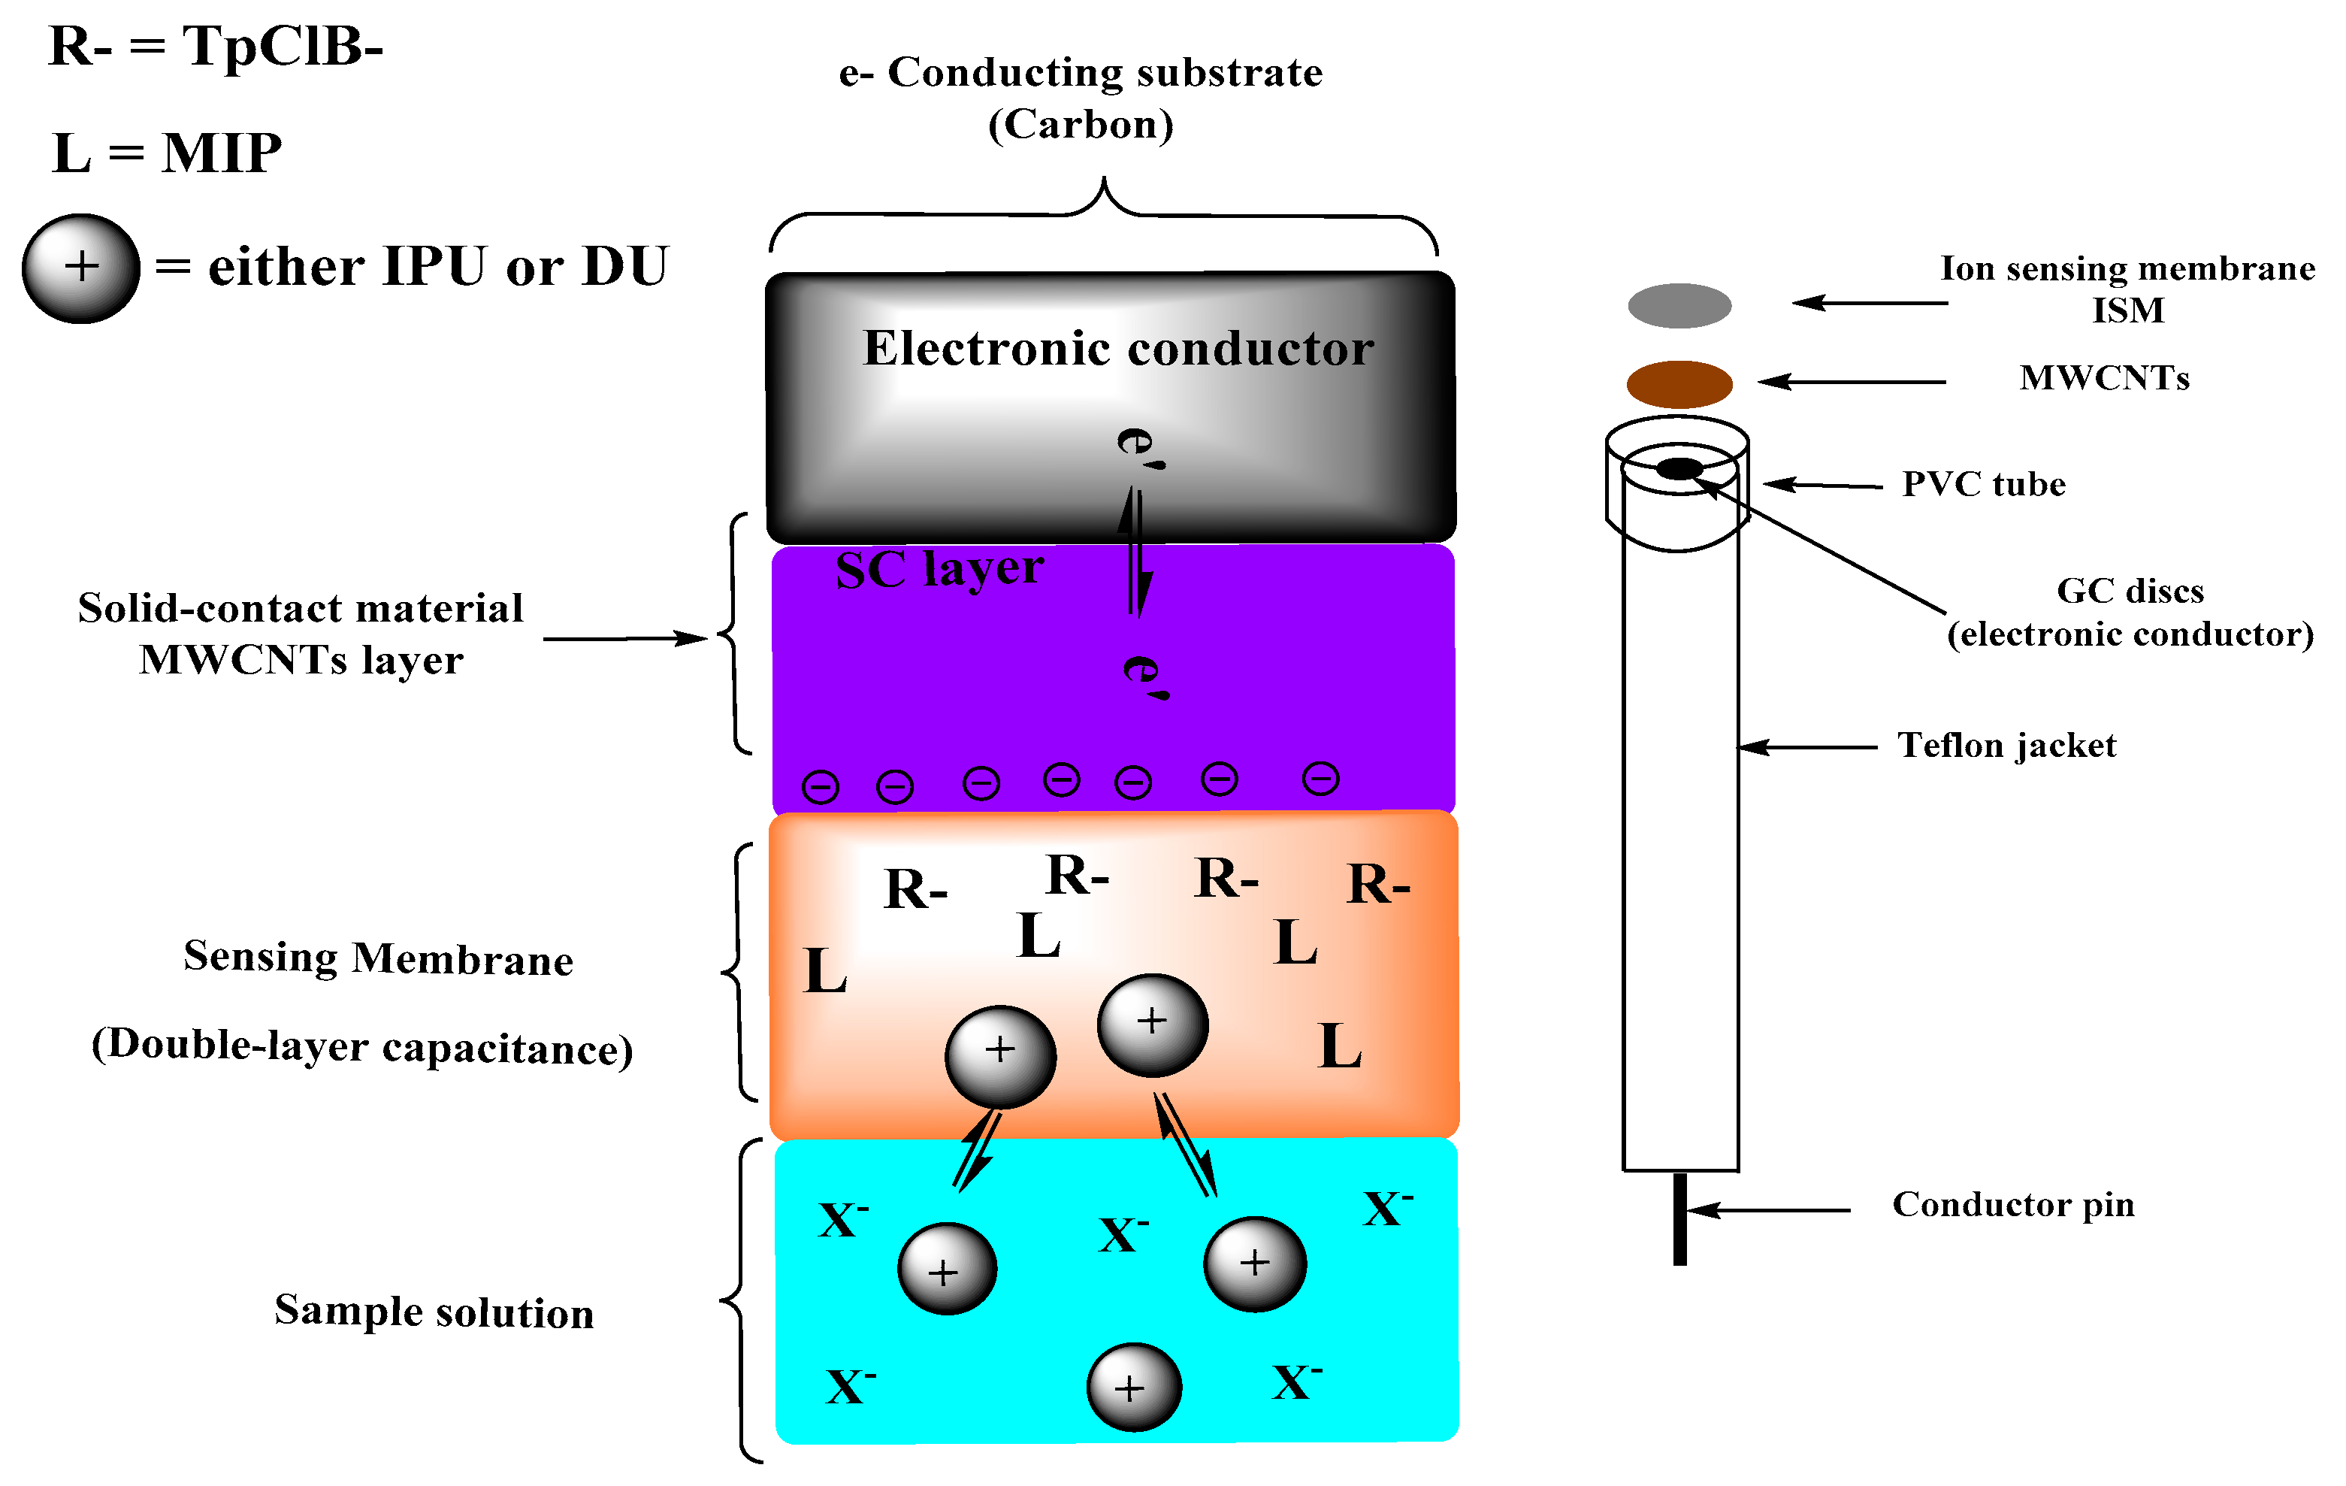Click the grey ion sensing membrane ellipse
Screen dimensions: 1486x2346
1679,305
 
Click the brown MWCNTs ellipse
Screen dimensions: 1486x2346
1679,384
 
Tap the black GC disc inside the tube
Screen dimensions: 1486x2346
1679,469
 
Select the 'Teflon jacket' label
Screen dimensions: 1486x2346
2006,746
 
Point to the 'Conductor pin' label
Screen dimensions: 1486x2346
2013,1204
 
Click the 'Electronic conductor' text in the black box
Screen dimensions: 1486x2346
1117,349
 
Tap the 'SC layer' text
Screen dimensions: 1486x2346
939,569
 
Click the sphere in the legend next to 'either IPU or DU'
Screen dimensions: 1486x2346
81,268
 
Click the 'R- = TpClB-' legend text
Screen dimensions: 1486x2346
216,46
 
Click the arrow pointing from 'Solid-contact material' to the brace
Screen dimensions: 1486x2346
624,638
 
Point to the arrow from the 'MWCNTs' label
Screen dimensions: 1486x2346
1851,382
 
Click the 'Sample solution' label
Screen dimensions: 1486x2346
434,1312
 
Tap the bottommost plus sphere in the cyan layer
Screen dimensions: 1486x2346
1133,1387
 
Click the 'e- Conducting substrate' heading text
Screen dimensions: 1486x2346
1081,73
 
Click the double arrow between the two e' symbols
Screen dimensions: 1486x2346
1134,552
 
